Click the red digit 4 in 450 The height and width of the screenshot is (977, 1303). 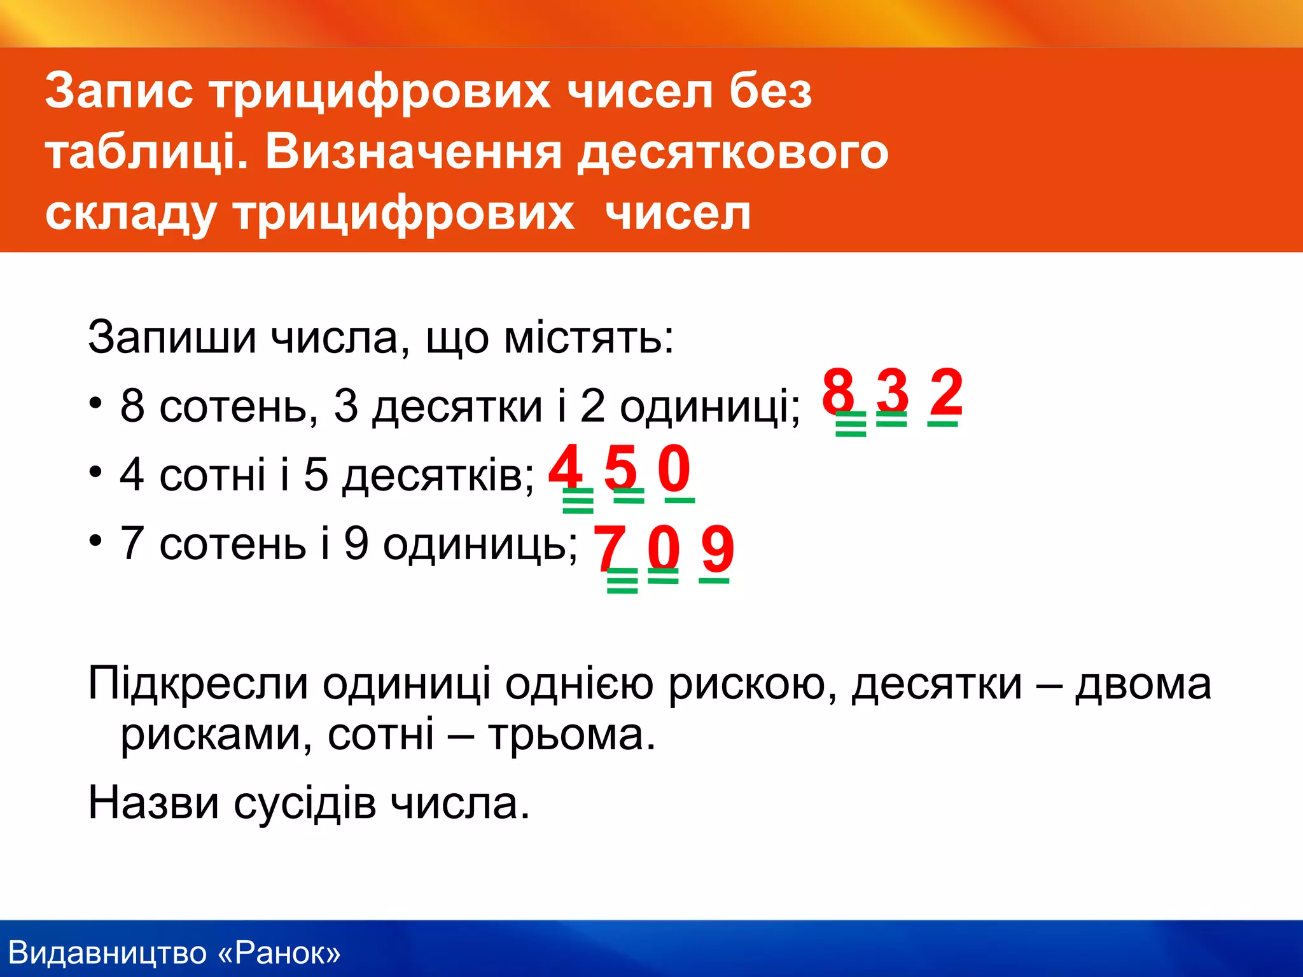point(566,467)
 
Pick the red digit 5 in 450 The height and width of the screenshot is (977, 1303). point(620,467)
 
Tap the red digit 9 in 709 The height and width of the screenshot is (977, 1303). point(717,547)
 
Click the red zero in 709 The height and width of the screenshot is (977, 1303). point(664,547)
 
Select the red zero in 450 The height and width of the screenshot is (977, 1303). point(674,467)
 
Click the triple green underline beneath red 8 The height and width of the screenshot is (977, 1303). point(851,424)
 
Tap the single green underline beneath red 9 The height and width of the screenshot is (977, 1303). point(714,580)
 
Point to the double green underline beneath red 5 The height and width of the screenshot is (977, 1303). point(629,495)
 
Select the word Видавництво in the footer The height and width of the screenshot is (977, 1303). point(108,953)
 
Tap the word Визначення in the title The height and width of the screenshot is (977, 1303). point(413,153)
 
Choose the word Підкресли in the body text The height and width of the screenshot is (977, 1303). point(198,684)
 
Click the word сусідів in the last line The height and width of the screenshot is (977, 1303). point(305,803)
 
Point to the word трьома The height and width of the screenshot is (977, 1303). point(571,735)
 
